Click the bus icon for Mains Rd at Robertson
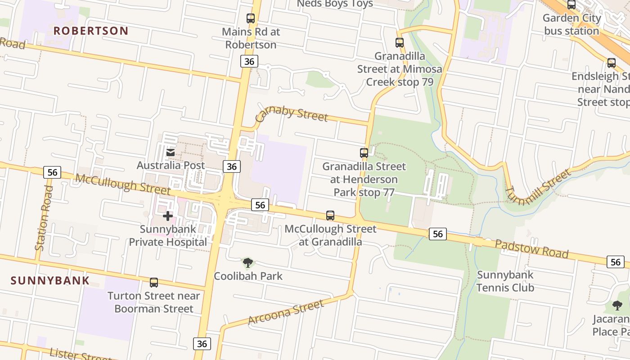coord(251,18)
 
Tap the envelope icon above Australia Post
coord(171,153)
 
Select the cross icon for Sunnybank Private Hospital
coord(168,216)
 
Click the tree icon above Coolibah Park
coord(247,263)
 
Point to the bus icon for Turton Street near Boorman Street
coord(154,283)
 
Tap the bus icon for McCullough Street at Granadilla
coord(330,216)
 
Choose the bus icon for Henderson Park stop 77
coord(364,153)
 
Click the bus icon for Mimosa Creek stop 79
coord(400,43)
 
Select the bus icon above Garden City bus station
coord(571,5)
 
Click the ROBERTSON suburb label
coord(91,31)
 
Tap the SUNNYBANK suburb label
coord(50,281)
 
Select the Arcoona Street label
coord(286,313)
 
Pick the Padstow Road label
coord(531,249)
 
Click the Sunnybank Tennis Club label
coord(505,281)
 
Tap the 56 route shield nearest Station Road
coord(52,172)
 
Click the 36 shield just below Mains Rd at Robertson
coord(249,61)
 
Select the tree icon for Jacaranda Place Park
coord(617,306)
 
